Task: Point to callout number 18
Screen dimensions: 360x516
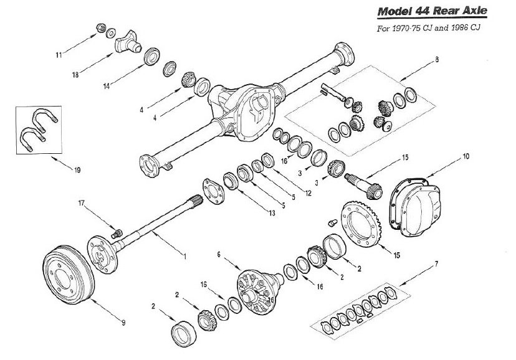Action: pyautogui.click(x=75, y=74)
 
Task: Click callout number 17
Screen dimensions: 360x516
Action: pyautogui.click(x=81, y=202)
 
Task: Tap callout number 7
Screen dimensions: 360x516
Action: pyautogui.click(x=436, y=264)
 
